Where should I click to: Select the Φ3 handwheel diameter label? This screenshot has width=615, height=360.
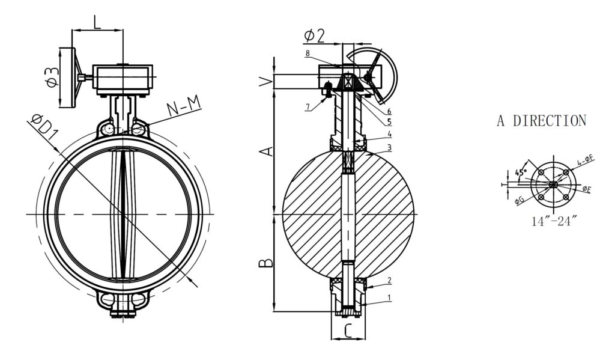pyautogui.click(x=52, y=77)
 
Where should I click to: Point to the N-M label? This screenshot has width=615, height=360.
pyautogui.click(x=183, y=108)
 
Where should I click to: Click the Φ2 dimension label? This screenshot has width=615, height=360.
pyautogui.click(x=314, y=35)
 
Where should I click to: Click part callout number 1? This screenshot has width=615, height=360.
pyautogui.click(x=389, y=297)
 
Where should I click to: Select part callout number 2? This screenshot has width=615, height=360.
pyautogui.click(x=389, y=280)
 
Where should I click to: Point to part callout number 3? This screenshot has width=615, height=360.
pyautogui.click(x=389, y=147)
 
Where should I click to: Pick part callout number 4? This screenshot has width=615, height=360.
pyautogui.click(x=389, y=133)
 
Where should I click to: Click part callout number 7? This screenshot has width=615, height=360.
pyautogui.click(x=307, y=108)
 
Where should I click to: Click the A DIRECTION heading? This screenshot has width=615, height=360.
pyautogui.click(x=541, y=121)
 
